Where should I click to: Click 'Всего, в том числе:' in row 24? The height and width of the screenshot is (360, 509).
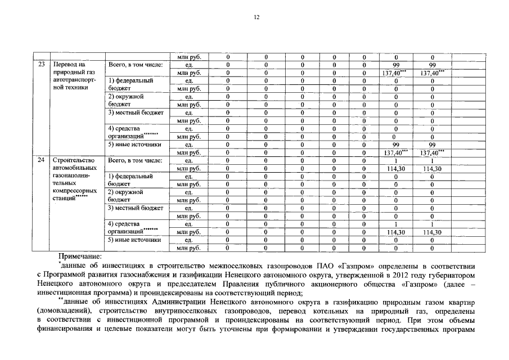pos(136,160)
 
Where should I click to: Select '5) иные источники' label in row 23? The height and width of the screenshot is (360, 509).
pos(135,145)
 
